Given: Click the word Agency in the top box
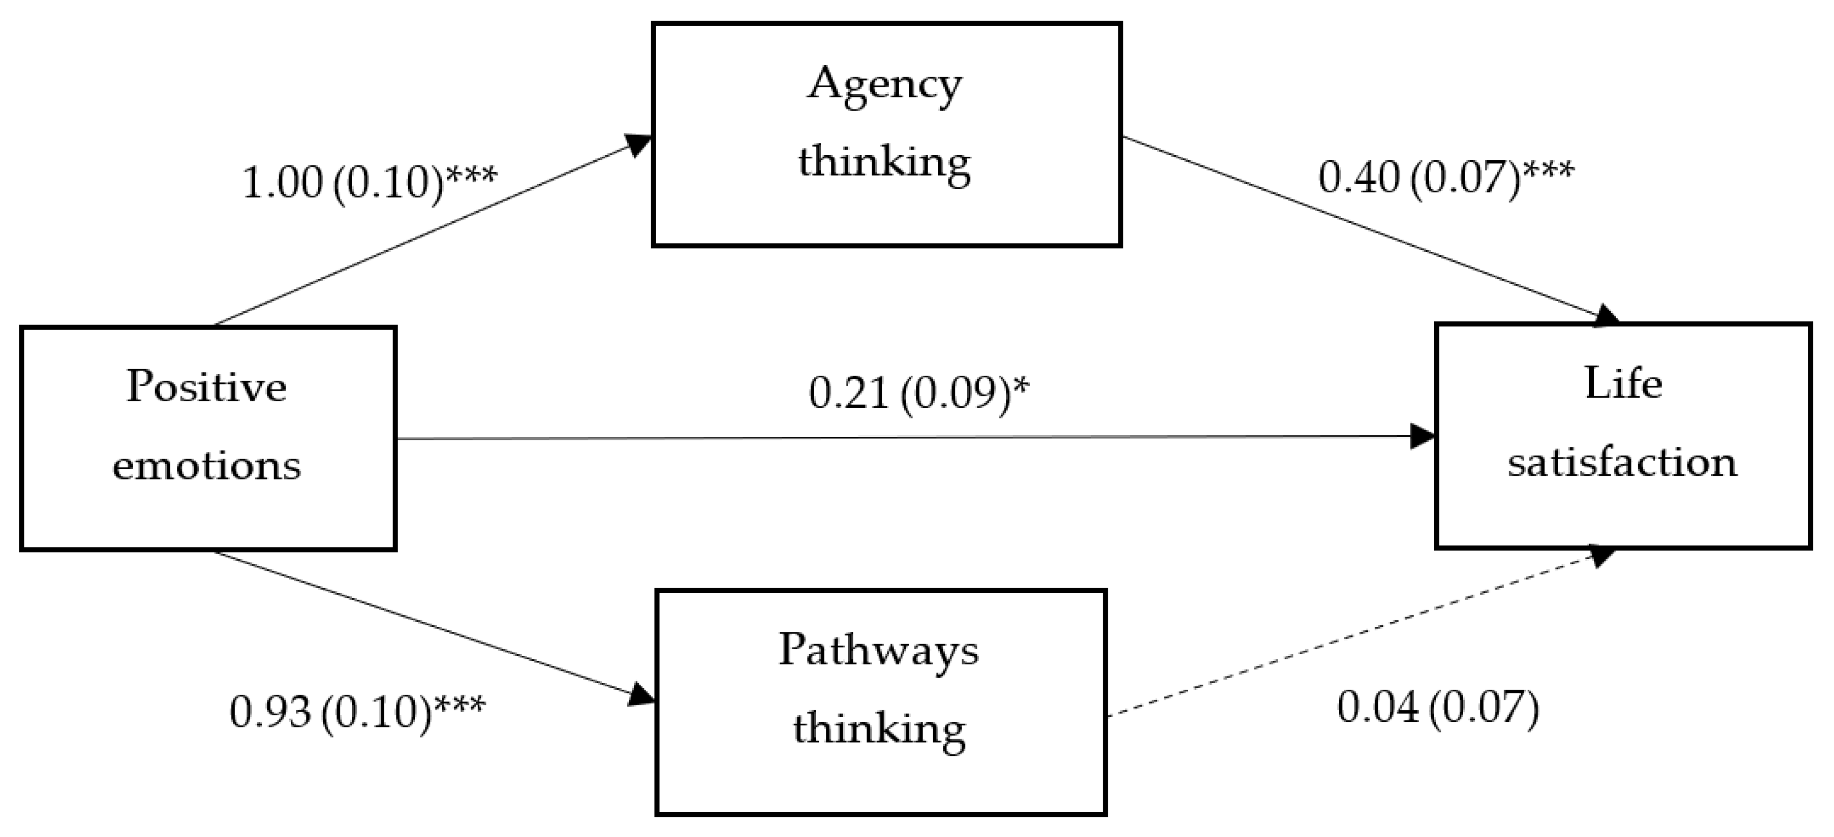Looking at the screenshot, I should pyautogui.click(x=884, y=86).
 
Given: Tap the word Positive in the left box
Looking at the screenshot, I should pyautogui.click(x=206, y=387).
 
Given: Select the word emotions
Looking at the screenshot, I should pyautogui.click(x=206, y=466).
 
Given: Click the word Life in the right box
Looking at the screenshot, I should pyautogui.click(x=1623, y=385).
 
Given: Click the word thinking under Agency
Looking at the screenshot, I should pyautogui.click(x=884, y=162).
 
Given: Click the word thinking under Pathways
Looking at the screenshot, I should pyautogui.click(x=879, y=729).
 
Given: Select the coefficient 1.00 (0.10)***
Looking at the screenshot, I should pyautogui.click(x=369, y=182).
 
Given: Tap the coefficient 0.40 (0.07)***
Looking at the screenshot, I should pyautogui.click(x=1445, y=177).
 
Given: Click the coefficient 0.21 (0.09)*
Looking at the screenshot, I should pyautogui.click(x=919, y=393).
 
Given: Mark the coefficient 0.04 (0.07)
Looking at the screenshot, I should pyautogui.click(x=1438, y=708).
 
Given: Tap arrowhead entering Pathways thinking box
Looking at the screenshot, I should pyautogui.click(x=641, y=694).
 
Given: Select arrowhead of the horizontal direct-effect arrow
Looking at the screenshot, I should pyautogui.click(x=1422, y=436).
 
